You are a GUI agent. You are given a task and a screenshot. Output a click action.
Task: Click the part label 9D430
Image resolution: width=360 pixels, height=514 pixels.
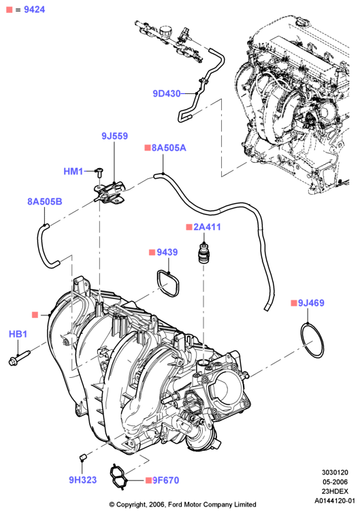pos(167,94)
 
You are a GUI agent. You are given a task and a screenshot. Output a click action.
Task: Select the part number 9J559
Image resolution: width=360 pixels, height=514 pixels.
pos(114,135)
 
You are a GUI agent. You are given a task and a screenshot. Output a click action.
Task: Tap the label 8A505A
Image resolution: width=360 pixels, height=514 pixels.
pos(169,148)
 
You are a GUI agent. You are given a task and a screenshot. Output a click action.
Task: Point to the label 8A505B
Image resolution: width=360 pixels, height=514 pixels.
pos(44,202)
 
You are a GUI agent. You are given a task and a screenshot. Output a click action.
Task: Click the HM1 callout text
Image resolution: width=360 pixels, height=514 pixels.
pos(73,171)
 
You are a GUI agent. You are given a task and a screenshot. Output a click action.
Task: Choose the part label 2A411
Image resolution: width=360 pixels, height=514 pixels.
pos(207,227)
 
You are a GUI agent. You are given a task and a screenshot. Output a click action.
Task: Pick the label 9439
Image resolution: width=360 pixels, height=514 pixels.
pos(167,252)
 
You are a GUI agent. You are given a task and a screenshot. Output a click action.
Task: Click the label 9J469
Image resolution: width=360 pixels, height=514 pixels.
pos(311,303)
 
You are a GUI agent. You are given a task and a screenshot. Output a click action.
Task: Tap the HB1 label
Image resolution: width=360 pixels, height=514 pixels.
pos(18,334)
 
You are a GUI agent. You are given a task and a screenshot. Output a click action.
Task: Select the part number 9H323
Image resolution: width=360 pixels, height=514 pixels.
pos(83,480)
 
